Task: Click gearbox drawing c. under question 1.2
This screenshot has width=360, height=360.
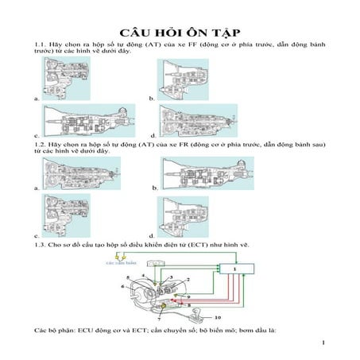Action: pos(58,217)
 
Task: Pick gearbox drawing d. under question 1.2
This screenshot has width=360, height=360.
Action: pos(183,217)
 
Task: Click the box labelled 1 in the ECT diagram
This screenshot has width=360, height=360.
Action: pos(236,272)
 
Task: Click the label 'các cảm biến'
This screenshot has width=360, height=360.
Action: pos(122,260)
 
